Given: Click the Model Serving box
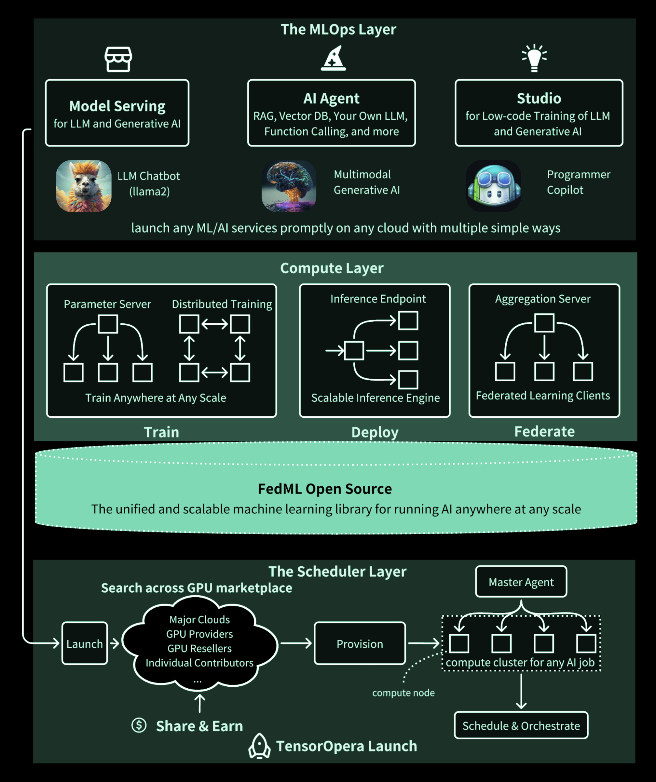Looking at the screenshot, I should coord(117,113).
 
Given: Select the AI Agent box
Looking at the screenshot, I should coord(331,113).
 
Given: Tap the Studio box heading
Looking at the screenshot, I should coord(539,99).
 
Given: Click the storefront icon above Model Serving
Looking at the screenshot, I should coord(118,59).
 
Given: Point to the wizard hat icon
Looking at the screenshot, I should coord(334,59).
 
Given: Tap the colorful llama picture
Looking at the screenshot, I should coord(83,186).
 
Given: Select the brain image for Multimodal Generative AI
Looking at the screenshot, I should coord(289,186).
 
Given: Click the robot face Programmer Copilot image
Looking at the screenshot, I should coord(493,186).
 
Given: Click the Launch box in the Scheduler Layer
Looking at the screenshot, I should coord(85,643).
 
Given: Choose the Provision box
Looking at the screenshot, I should coord(360,643).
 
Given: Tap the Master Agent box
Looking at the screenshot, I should coord(521,582).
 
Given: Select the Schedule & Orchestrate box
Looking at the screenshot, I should coord(521,725).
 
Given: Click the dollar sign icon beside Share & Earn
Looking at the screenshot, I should coord(139,725).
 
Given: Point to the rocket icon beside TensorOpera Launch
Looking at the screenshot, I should coord(259,746).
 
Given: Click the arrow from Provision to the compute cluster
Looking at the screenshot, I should coord(424,643).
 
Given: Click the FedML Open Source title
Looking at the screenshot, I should coord(324,489).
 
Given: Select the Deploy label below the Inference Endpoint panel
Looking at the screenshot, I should coord(375,432).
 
